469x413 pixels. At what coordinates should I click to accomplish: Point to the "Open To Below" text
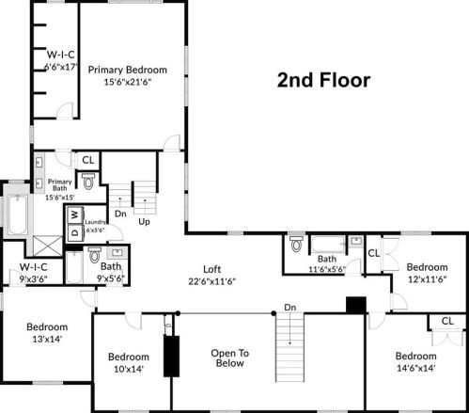[x=229, y=358]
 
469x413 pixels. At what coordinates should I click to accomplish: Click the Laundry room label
[x=95, y=226]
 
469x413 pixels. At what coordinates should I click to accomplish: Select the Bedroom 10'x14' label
[x=128, y=363]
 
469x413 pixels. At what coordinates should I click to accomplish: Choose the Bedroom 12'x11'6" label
[x=428, y=272]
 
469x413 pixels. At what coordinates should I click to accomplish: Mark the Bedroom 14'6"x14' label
[x=415, y=362]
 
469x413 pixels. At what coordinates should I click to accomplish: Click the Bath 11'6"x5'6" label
[x=326, y=264]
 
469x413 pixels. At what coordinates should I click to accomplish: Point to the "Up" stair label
[x=144, y=221]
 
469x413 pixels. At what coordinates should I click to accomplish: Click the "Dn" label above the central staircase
[x=290, y=307]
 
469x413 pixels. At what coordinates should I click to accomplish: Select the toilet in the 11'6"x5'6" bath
[x=296, y=246]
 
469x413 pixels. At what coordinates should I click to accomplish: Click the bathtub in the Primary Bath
[x=17, y=216]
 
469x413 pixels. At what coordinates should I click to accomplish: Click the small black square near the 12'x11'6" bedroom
[x=355, y=305]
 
